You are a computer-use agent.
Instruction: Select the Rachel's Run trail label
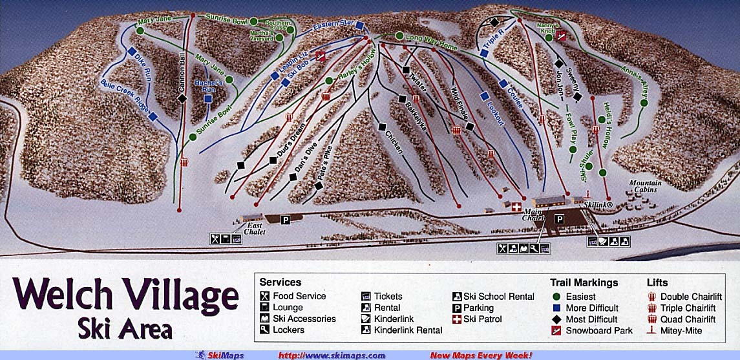click(213, 85)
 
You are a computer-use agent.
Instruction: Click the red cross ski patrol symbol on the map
click(516, 207)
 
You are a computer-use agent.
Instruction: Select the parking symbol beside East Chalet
click(285, 220)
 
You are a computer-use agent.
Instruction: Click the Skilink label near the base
click(598, 204)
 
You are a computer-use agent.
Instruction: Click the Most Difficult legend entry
click(591, 319)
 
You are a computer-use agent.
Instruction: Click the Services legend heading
click(280, 282)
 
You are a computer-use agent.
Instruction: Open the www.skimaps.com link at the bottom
click(332, 355)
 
